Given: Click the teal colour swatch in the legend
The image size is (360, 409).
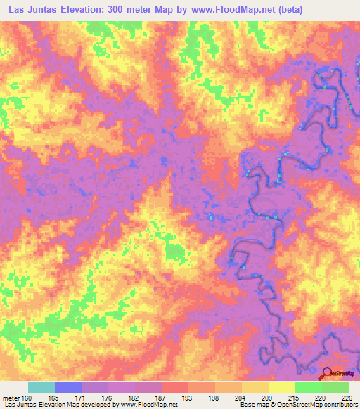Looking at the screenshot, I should (x=41, y=387).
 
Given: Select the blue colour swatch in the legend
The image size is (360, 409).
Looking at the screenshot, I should (x=68, y=387).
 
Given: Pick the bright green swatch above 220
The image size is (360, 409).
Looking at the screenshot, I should (x=309, y=387).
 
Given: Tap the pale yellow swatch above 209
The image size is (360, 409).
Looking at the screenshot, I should (x=282, y=387).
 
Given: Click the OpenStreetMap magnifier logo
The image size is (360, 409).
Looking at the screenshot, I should (x=328, y=374).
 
